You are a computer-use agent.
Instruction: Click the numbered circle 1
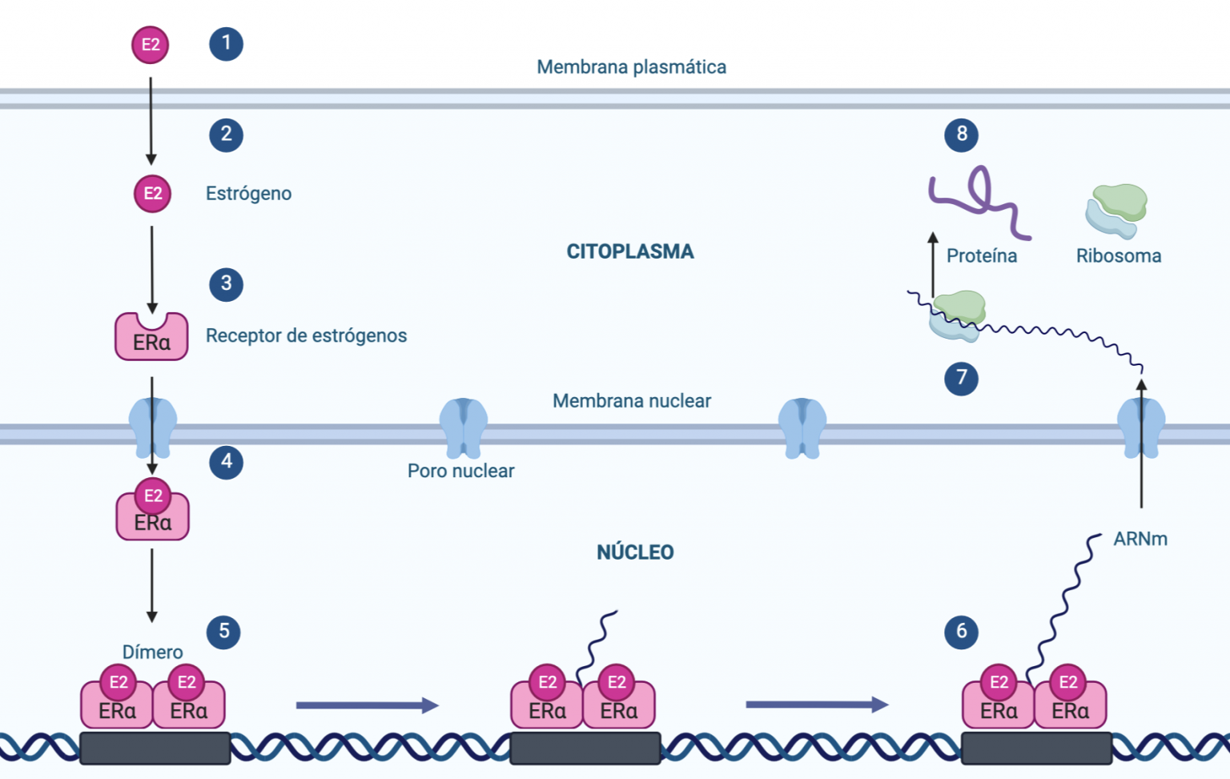226,43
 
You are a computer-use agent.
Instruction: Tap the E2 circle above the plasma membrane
151,44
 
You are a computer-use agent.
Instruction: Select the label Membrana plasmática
631,67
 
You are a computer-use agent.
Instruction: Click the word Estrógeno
248,194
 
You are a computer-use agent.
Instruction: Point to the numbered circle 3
226,284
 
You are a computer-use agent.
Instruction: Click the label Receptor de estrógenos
306,335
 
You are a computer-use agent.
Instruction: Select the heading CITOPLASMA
630,251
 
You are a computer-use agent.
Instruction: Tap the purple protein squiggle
979,200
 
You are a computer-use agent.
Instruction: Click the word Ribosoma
1118,256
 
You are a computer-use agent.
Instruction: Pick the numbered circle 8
961,135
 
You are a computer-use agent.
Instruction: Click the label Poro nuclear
460,471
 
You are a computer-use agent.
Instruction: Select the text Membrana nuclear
631,401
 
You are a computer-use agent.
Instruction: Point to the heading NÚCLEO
635,552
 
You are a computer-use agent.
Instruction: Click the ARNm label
1140,540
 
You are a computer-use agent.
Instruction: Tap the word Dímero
152,653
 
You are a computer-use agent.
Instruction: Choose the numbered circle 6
961,632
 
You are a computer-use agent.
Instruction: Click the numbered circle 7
961,378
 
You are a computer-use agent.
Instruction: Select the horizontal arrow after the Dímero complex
367,705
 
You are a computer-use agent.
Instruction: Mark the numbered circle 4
226,462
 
